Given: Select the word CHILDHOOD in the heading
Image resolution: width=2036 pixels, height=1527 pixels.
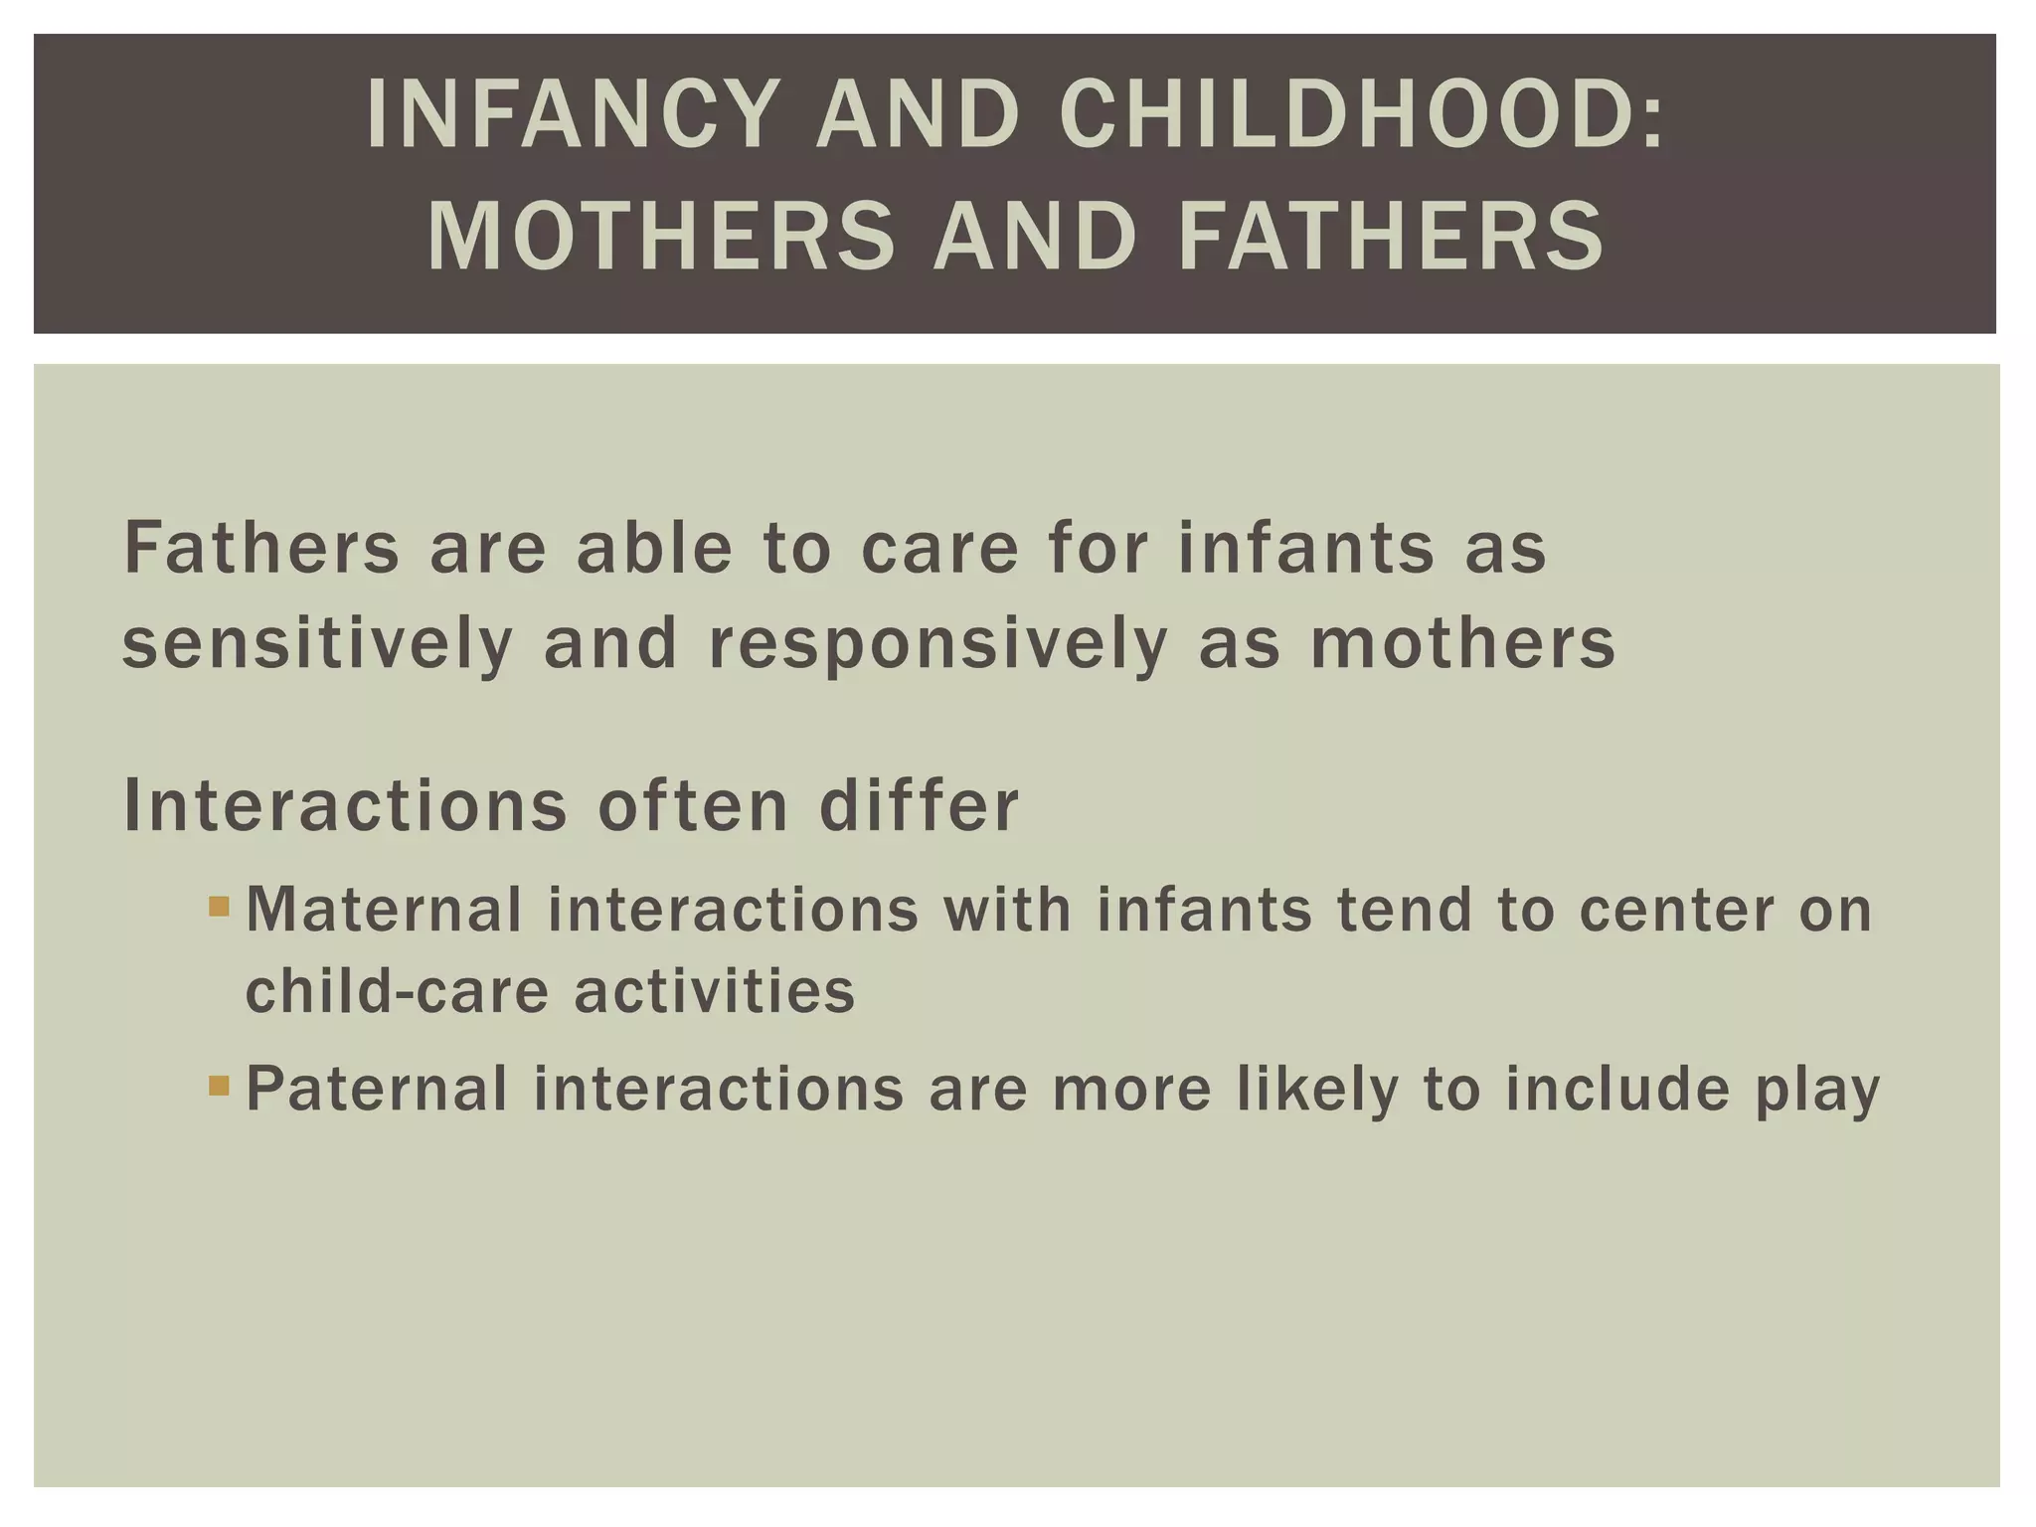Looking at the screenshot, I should point(1335,115).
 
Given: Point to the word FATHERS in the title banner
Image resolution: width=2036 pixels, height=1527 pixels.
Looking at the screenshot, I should point(1390,237).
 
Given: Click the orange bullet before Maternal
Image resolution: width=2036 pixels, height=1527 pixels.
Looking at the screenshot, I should point(220,907).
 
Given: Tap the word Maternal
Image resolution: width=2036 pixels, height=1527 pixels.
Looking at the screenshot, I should point(384,910).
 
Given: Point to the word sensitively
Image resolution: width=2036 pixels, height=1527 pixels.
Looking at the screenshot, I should point(317,643).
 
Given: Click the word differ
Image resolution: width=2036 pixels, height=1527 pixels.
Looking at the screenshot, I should point(919,805).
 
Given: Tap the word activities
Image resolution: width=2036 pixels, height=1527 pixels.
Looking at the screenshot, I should point(715,991).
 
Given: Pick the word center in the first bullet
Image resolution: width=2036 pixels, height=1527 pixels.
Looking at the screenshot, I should point(1676,910).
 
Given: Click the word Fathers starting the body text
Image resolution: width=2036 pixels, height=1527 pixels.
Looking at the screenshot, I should point(261,549).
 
